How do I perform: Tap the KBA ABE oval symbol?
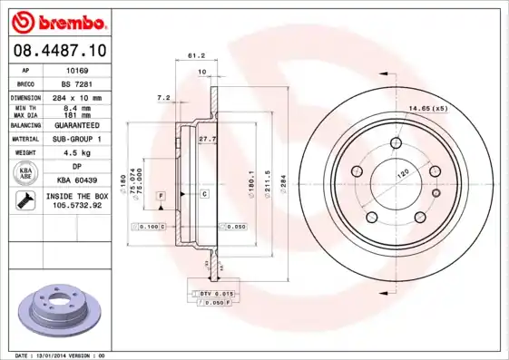coord(25,174)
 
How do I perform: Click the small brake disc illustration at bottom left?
coord(56,312)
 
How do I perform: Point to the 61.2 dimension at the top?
coord(195,55)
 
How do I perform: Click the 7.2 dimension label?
coord(164,97)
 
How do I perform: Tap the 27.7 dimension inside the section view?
coord(207,139)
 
